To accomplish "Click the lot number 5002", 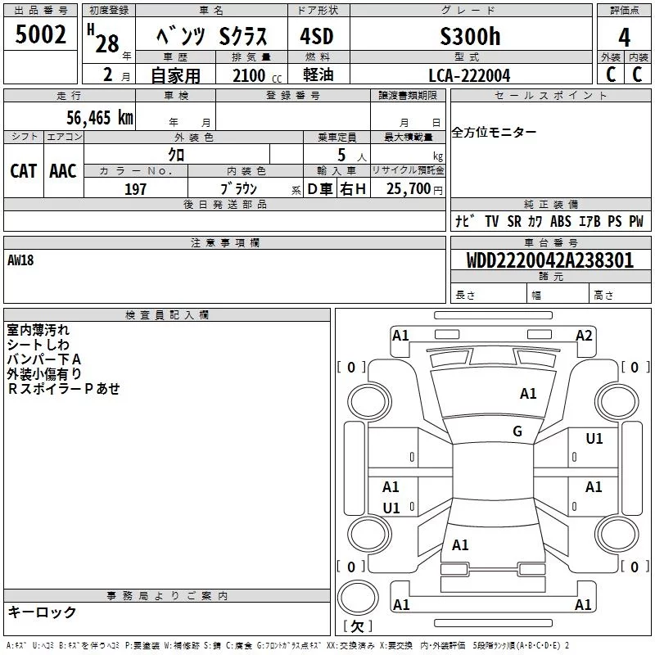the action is (x=40, y=34).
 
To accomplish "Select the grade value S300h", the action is (x=470, y=36).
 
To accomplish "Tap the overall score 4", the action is (x=624, y=38).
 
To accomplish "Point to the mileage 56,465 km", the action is (x=100, y=118).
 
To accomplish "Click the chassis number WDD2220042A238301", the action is (x=550, y=260).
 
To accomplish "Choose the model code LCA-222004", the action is (x=469, y=75).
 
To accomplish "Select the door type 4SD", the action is (x=317, y=36).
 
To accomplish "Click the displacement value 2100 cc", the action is (x=257, y=75).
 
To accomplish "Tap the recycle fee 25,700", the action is (x=408, y=189).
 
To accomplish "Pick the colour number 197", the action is (x=135, y=189).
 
